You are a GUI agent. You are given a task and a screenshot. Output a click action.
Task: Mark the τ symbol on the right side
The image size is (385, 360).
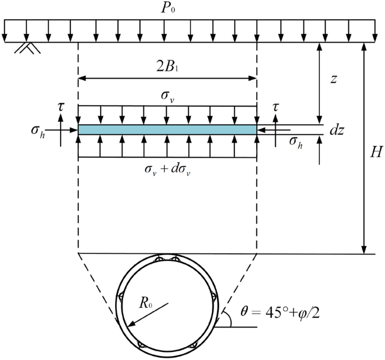275,105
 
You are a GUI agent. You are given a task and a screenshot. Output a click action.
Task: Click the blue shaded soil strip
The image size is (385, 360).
167,130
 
